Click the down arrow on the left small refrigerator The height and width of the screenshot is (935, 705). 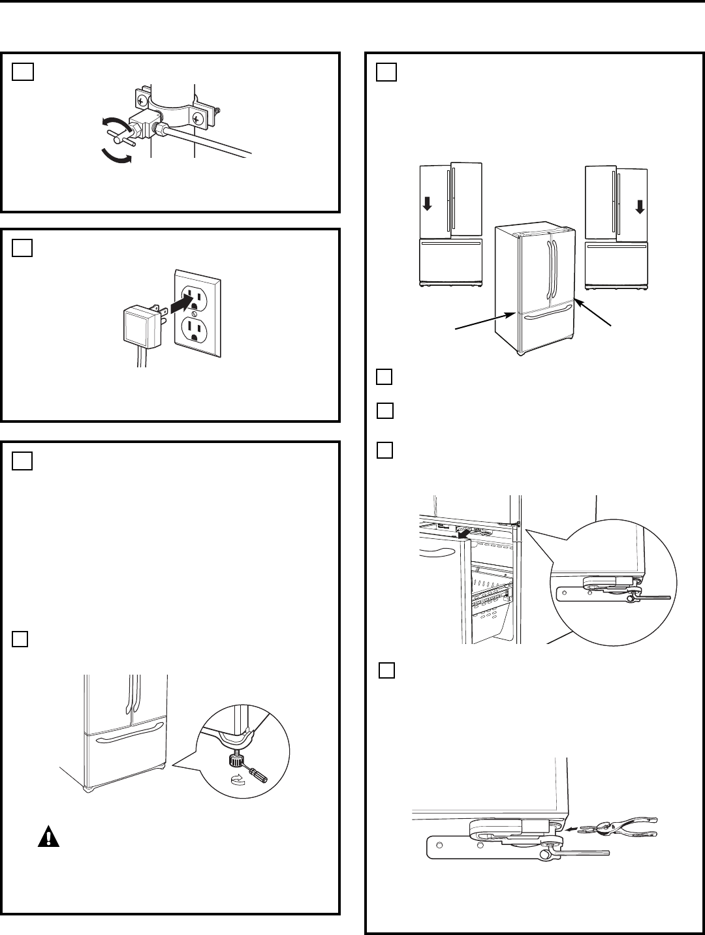[x=427, y=204]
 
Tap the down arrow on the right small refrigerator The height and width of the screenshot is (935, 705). [x=639, y=207]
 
